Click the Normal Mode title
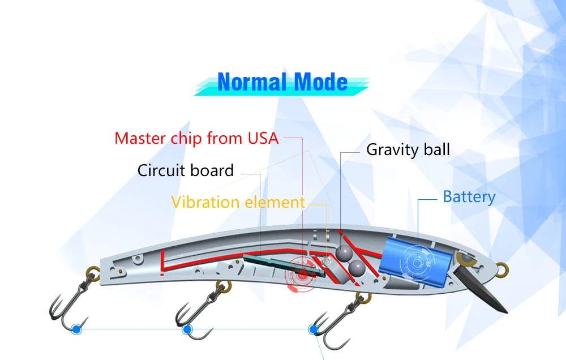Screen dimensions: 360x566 click(x=282, y=83)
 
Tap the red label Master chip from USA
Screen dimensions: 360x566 click(x=196, y=138)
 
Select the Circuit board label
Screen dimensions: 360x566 click(x=186, y=170)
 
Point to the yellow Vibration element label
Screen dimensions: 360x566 click(x=238, y=202)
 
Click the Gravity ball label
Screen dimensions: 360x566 click(x=408, y=150)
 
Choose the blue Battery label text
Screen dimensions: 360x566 click(x=469, y=197)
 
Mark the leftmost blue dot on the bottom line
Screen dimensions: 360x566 click(x=77, y=328)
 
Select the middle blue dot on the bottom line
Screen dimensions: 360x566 click(x=187, y=329)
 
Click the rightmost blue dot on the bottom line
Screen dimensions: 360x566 click(x=313, y=329)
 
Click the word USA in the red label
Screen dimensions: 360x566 click(x=263, y=138)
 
